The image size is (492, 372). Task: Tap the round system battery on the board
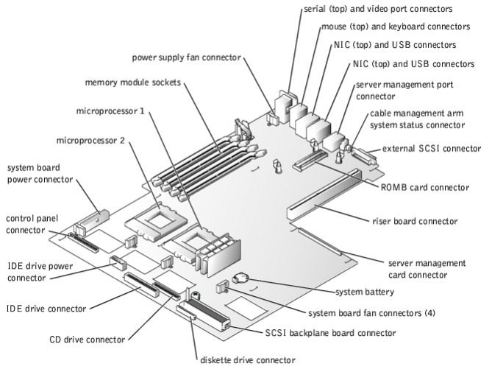[241, 278]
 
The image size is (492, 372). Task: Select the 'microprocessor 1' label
[110, 112]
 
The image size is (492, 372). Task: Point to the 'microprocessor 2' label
[90, 139]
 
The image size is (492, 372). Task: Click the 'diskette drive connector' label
[249, 359]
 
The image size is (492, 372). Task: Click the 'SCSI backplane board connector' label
[329, 333]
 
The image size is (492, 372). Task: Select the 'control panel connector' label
[33, 225]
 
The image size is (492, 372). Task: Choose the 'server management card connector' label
[427, 268]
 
